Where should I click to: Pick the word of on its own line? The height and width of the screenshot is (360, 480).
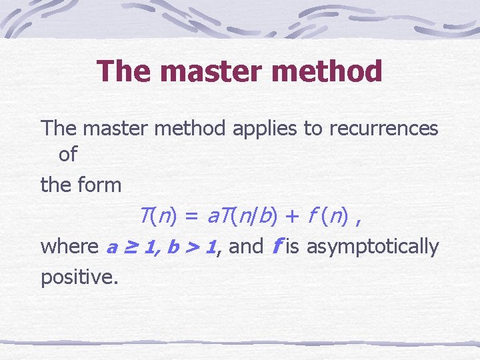click(68, 155)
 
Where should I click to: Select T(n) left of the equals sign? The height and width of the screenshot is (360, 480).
click(157, 216)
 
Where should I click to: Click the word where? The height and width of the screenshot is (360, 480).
click(69, 247)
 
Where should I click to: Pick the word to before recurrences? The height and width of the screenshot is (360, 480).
click(313, 128)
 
